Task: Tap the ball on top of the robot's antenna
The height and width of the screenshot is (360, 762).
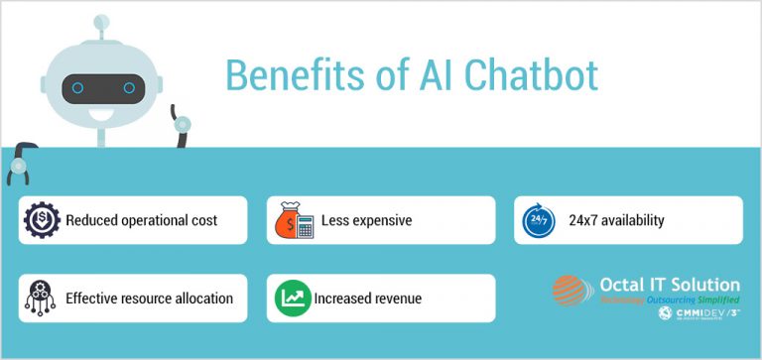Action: [100, 21]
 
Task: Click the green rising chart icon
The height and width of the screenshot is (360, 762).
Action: [290, 298]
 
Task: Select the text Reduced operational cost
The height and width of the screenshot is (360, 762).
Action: [142, 220]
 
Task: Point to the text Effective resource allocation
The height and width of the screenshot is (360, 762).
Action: [149, 298]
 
